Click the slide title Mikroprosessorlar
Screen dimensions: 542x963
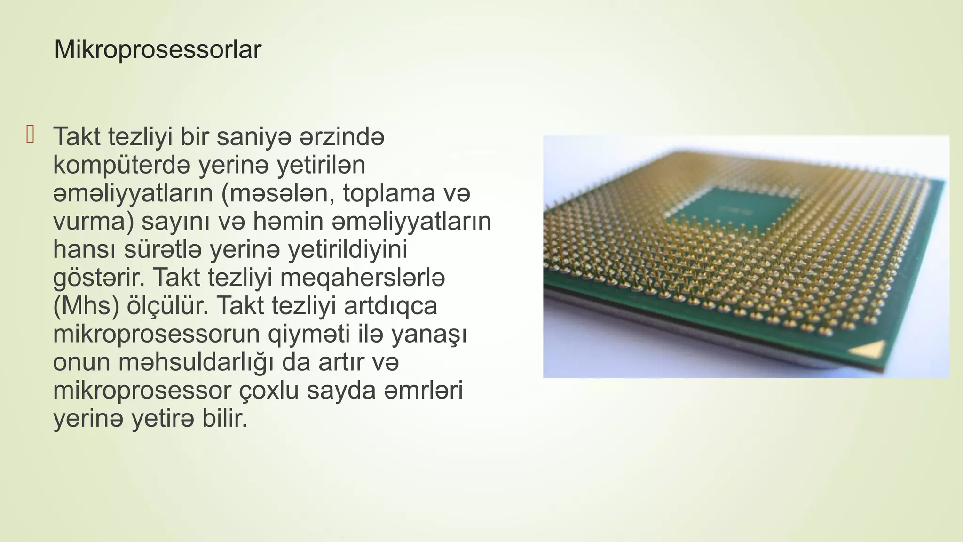[158, 50]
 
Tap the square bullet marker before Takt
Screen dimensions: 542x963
[31, 135]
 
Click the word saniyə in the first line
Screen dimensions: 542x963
[250, 137]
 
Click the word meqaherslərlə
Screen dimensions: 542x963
[362, 279]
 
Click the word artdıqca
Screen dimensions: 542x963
[390, 307]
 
